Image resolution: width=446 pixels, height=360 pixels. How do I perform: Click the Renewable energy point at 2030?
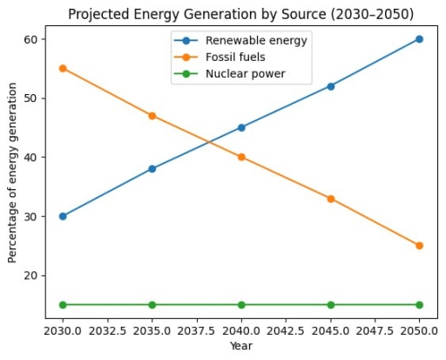coord(63,216)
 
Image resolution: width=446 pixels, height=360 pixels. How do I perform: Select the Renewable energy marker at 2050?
coord(419,39)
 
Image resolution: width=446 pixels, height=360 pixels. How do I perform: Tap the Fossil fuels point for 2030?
coord(63,68)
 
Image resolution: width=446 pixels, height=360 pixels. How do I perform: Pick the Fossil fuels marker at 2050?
coord(419,246)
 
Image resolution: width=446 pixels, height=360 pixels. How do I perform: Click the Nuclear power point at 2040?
coord(241,305)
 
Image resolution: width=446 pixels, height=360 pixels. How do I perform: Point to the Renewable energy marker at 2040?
coord(241,127)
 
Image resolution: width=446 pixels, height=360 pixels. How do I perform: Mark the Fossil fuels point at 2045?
coord(330,199)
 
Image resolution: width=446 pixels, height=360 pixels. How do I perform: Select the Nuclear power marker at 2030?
coord(63,305)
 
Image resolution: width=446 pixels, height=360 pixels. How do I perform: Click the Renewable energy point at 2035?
coord(152,169)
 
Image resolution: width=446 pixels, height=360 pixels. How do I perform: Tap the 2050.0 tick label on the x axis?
coord(419,331)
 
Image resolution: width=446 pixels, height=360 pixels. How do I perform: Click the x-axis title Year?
coord(241,347)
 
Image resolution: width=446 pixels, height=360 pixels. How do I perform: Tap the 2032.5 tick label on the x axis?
coord(107,331)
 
